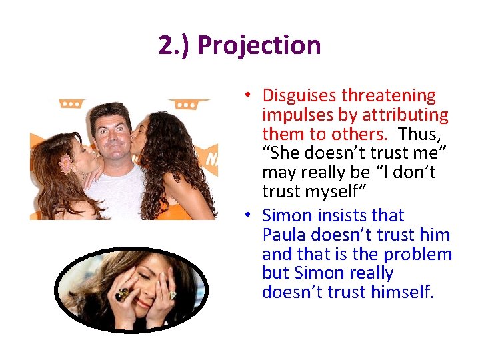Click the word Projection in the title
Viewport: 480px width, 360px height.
(x=259, y=45)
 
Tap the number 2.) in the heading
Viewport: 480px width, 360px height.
(x=175, y=45)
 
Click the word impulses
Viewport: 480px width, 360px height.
(x=295, y=115)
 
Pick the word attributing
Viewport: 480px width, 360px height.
(x=406, y=115)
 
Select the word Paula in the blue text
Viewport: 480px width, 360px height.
(x=285, y=235)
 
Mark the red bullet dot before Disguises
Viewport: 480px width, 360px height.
(x=247, y=97)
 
